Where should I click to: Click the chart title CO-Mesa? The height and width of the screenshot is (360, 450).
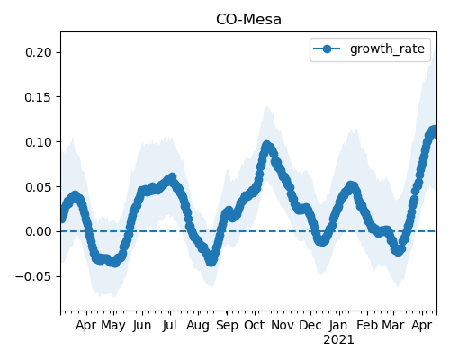click(248, 20)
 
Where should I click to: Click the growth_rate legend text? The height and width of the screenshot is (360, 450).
click(387, 49)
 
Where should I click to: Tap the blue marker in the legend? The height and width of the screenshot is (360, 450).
click(327, 49)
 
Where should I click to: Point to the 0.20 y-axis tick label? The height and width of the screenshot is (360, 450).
click(39, 52)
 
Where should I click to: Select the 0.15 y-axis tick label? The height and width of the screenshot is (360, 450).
click(39, 97)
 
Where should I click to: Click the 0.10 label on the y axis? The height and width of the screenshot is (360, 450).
click(39, 142)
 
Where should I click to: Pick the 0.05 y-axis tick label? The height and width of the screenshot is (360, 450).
click(39, 187)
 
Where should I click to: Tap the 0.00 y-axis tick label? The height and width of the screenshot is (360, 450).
click(39, 231)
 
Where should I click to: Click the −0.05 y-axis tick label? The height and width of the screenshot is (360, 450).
click(34, 276)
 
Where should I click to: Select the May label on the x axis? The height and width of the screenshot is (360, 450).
click(113, 326)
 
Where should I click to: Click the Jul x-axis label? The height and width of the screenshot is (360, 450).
click(169, 325)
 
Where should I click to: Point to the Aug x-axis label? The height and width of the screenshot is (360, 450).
click(198, 326)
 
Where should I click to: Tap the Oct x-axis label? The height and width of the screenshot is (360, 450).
click(255, 325)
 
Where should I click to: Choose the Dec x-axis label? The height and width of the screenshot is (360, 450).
click(310, 325)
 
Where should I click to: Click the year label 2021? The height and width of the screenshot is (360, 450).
click(338, 340)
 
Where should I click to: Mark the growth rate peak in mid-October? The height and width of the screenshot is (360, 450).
click(266, 146)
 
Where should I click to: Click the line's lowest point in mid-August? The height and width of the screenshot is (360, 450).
click(211, 261)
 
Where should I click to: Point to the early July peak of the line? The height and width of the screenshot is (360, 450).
click(172, 178)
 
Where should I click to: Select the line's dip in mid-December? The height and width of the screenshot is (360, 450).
click(321, 241)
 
